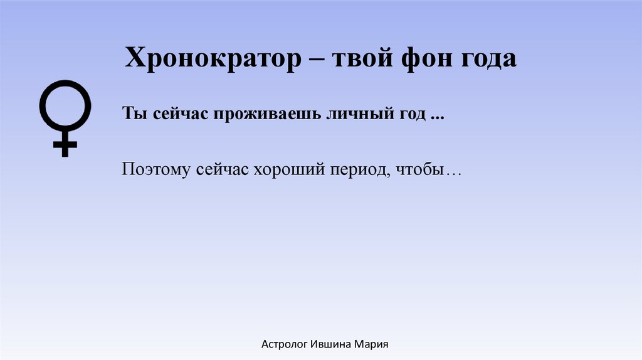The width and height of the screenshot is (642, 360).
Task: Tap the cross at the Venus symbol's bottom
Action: tap(65, 146)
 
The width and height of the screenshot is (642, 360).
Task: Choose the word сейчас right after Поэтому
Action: tap(219, 170)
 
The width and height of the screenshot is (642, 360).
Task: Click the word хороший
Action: tap(286, 171)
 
